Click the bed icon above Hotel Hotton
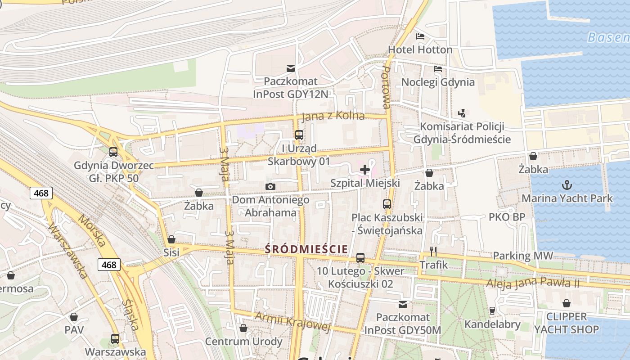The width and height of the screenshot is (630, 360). click(420, 36)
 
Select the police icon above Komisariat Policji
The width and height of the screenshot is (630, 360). click(462, 113)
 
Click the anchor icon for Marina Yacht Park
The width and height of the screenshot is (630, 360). click(567, 184)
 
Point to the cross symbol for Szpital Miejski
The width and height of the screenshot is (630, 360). click(365, 170)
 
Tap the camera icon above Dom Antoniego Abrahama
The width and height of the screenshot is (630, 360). click(270, 186)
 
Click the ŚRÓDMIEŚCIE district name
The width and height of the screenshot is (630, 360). click(306, 249)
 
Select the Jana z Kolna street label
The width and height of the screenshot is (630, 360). click(333, 116)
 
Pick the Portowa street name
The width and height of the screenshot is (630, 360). click(386, 88)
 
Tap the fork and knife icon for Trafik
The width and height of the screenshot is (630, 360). click(433, 251)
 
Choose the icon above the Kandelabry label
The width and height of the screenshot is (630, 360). click(492, 310)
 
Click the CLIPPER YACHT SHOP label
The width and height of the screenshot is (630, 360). click(566, 323)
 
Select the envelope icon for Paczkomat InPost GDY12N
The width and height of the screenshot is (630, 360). click(291, 68)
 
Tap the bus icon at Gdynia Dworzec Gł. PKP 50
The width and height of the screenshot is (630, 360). click(113, 152)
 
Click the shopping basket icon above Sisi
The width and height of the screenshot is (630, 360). click(171, 239)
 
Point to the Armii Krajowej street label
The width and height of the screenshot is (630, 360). click(292, 321)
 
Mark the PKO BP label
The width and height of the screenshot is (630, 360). click(507, 217)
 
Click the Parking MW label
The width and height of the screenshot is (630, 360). click(522, 256)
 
